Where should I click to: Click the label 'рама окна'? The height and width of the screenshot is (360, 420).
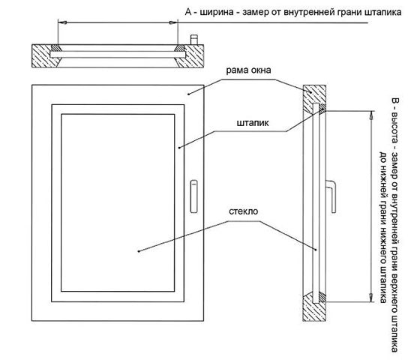(x=248, y=70)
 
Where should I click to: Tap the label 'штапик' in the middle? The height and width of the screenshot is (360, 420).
(x=253, y=123)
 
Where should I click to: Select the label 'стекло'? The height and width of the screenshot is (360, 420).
(x=243, y=211)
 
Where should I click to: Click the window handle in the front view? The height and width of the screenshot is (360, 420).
(x=193, y=196)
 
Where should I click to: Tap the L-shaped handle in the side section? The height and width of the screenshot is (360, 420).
(x=331, y=196)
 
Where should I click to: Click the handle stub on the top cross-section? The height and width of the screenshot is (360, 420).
(x=194, y=39)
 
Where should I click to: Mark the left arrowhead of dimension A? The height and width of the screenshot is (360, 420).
(x=62, y=22)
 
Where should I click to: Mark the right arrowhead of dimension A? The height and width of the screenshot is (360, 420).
(x=173, y=22)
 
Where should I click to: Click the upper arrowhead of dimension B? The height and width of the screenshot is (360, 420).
(x=371, y=115)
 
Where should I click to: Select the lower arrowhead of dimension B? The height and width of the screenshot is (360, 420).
(x=371, y=298)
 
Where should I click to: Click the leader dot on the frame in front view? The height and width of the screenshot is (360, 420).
(x=188, y=94)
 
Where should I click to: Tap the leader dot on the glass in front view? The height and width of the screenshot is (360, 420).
(x=139, y=251)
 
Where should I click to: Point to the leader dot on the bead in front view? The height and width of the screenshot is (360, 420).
(x=179, y=147)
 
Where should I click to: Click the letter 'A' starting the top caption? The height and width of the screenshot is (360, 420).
(x=188, y=12)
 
